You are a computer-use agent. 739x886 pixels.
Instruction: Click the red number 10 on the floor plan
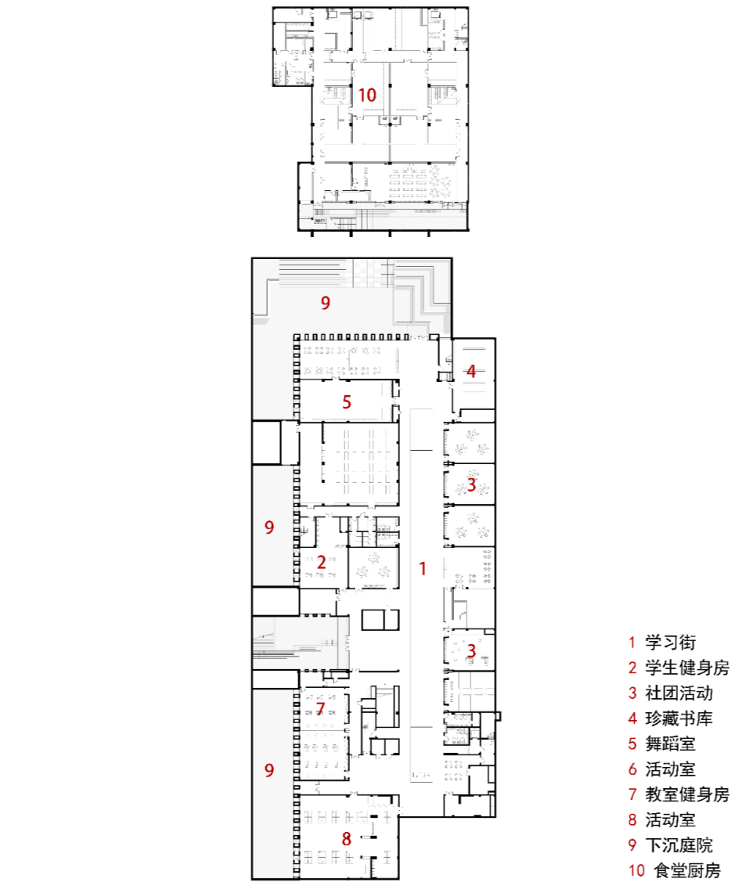[x=367, y=95]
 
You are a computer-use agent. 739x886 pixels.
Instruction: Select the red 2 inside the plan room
[x=321, y=561]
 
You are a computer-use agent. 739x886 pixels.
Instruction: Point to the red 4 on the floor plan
[x=471, y=372]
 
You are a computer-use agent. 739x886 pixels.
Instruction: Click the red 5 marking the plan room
[x=347, y=403]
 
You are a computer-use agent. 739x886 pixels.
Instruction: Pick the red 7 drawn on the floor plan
[x=320, y=708]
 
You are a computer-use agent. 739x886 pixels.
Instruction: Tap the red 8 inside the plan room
[x=347, y=838]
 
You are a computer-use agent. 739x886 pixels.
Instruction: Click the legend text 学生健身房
[x=687, y=668]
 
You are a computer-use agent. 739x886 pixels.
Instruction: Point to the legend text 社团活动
[x=679, y=693]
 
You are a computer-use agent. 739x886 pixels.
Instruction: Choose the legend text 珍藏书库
[x=679, y=719]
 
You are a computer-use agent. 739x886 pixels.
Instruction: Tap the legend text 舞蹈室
[x=670, y=744]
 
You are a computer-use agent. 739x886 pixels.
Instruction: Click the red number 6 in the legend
[x=633, y=769]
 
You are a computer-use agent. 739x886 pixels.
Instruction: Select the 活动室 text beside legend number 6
[x=670, y=769]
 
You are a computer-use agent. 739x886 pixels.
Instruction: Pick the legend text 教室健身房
[x=687, y=794]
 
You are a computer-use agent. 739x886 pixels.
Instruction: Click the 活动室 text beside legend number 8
[x=670, y=819]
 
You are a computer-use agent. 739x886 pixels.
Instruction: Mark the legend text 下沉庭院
[x=679, y=845]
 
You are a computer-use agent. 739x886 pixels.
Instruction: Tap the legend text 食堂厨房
[x=687, y=870]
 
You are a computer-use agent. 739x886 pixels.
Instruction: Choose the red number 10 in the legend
[x=636, y=870]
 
